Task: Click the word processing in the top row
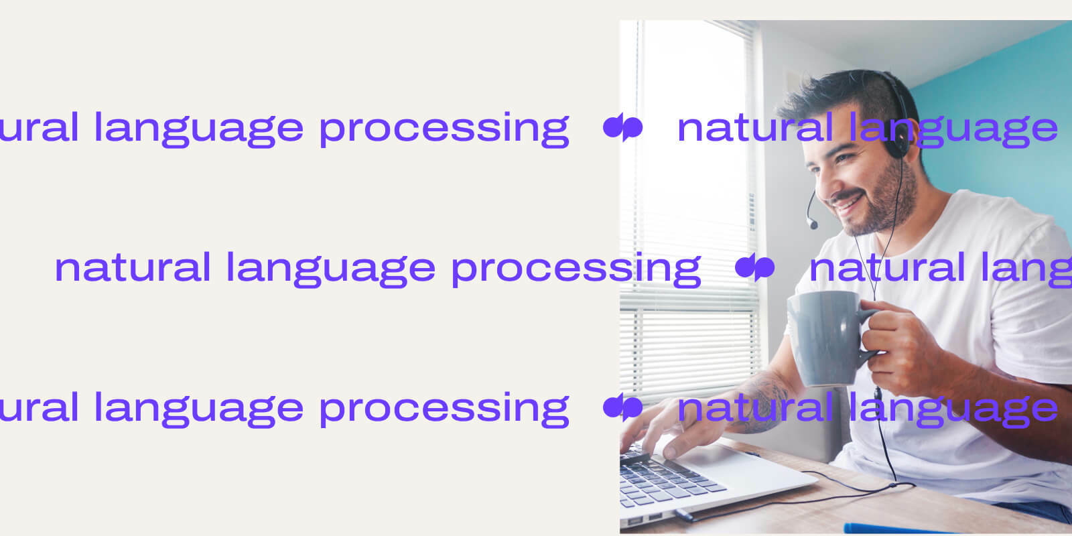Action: pyautogui.click(x=444, y=129)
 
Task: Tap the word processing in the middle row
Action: pyautogui.click(x=576, y=269)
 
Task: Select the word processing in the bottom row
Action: pyautogui.click(x=444, y=409)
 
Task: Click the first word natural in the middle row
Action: pyautogui.click(x=133, y=267)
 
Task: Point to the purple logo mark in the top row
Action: pyautogui.click(x=622, y=127)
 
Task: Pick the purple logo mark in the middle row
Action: pyautogui.click(x=754, y=268)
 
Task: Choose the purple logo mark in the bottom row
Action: pyautogui.click(x=622, y=407)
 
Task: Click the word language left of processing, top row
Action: pyautogui.click(x=198, y=129)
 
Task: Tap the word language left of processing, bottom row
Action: pyautogui.click(x=198, y=409)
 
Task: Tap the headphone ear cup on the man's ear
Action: pyautogui.click(x=896, y=137)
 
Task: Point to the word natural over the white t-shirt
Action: pyautogui.click(x=886, y=267)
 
